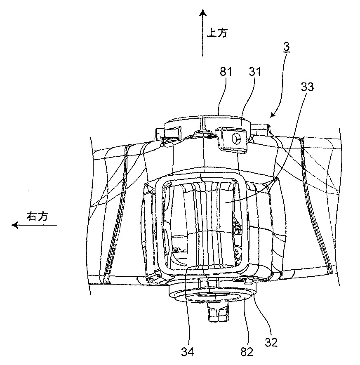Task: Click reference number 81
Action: [226, 72]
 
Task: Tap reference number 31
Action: [255, 72]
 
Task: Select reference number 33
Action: [307, 87]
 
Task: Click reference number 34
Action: [188, 352]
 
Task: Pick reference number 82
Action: [247, 352]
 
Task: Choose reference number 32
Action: [271, 342]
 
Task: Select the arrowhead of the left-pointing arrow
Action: [15, 225]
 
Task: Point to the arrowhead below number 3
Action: [273, 115]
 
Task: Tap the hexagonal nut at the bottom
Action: [218, 313]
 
